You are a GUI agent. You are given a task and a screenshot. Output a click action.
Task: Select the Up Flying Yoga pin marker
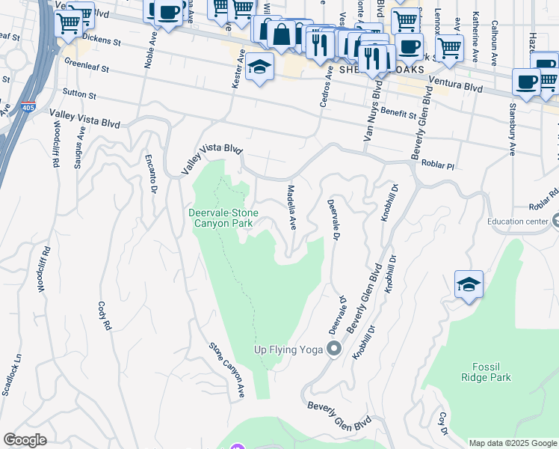tap(334, 349)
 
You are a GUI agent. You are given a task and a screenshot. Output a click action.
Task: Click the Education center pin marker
tap(554, 221)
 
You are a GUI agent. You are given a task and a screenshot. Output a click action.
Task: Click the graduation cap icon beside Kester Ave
tap(259, 68)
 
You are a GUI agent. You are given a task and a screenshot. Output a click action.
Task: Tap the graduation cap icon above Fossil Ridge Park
tap(469, 285)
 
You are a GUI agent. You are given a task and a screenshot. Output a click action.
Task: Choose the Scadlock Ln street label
tap(12, 375)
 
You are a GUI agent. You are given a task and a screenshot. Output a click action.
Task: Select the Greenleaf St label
tap(87, 65)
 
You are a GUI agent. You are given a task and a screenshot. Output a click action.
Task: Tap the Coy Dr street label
tap(442, 424)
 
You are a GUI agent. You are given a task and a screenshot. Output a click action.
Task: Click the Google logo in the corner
tap(25, 440)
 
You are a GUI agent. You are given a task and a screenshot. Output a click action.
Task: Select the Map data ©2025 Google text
tap(513, 443)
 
